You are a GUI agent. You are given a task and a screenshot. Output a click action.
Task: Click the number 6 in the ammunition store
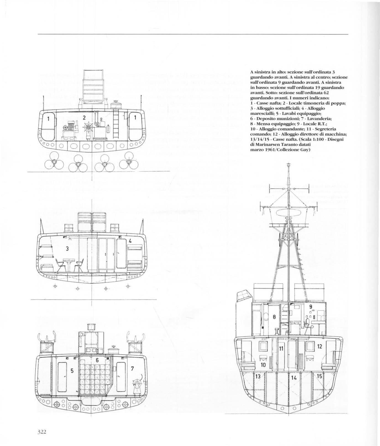[x=97, y=360]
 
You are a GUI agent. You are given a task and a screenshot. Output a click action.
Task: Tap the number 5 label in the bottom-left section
[x=71, y=371]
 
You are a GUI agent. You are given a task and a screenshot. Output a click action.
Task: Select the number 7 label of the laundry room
[x=132, y=368]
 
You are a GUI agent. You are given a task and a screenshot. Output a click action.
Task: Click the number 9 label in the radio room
[x=310, y=307]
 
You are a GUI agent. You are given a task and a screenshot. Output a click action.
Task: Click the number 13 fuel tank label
[x=258, y=376]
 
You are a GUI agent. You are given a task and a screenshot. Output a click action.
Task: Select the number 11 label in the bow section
[x=281, y=349]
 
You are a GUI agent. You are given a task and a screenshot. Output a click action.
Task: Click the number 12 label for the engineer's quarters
[x=319, y=346]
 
